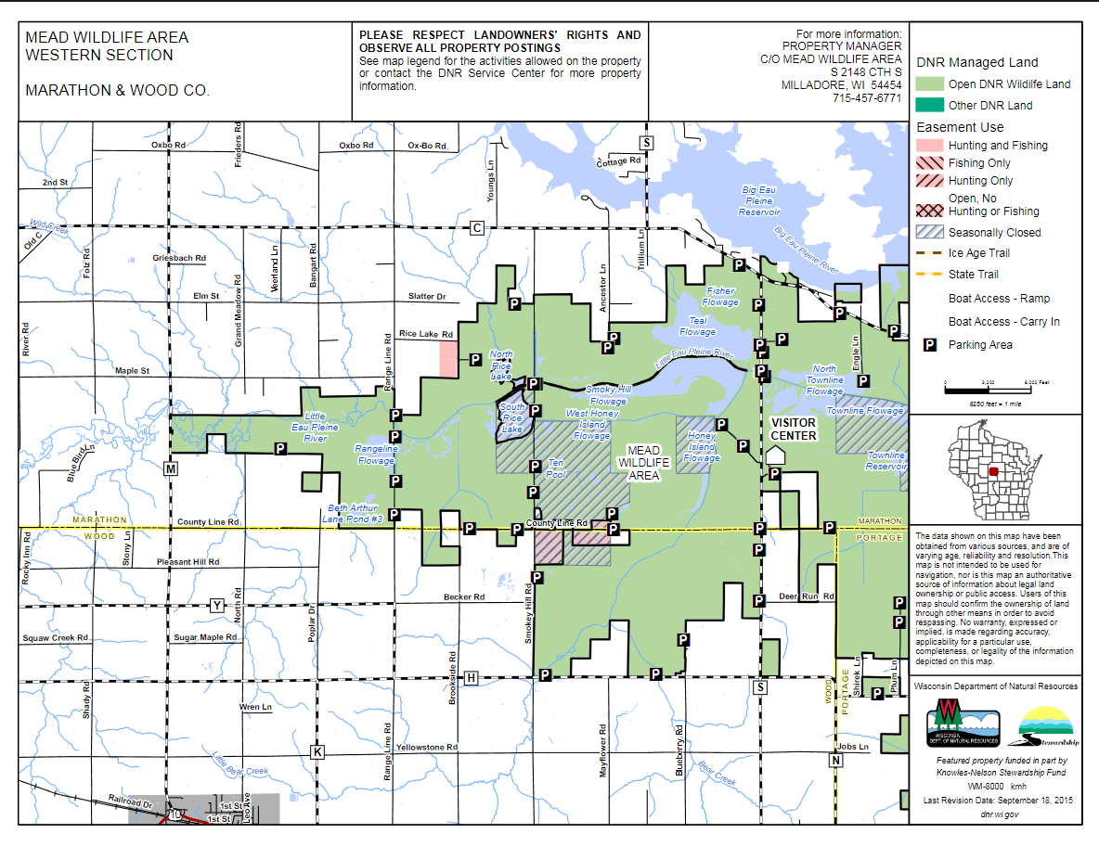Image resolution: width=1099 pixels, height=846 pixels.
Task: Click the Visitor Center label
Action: [x=794, y=429]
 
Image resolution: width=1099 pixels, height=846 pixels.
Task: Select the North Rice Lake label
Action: [x=501, y=365]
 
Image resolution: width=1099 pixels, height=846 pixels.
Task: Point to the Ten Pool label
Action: [x=555, y=468]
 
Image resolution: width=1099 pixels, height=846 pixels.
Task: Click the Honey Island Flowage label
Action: [x=702, y=446]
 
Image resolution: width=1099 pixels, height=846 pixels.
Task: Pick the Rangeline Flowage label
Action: [x=376, y=455]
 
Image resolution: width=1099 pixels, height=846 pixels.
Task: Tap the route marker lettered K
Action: [x=317, y=751]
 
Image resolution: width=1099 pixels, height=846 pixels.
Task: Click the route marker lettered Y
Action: [x=216, y=606]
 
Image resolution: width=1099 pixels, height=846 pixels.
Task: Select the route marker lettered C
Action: [x=478, y=228]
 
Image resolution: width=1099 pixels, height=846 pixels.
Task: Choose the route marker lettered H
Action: [x=472, y=678]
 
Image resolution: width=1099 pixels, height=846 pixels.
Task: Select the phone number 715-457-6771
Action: [x=867, y=97]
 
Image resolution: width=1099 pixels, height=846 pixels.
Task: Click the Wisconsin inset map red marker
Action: [x=993, y=471]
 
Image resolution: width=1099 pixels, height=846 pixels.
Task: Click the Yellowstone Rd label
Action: [x=427, y=747]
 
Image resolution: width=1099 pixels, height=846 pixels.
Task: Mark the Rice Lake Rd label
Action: [x=425, y=334]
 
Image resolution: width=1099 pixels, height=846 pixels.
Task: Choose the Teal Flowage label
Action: [x=698, y=326]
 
